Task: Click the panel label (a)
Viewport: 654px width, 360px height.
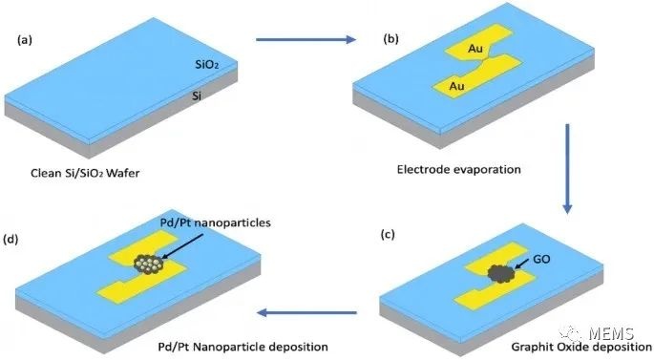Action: (25, 40)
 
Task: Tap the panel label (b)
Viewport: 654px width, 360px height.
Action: (390, 39)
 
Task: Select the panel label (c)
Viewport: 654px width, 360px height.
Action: (388, 235)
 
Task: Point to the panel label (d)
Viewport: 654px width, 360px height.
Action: (11, 240)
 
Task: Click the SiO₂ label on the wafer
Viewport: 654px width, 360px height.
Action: (207, 64)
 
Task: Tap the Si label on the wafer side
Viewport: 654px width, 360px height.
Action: (197, 95)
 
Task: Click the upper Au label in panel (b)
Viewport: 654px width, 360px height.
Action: (475, 49)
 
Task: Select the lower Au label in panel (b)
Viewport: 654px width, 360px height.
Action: (456, 86)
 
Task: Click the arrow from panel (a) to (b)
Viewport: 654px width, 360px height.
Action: (306, 40)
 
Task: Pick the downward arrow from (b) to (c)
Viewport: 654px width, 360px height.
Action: (567, 168)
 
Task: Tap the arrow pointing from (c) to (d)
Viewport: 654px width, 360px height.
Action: (307, 312)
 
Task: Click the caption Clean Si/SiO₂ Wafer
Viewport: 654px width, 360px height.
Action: (85, 173)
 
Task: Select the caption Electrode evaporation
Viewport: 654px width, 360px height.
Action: (459, 170)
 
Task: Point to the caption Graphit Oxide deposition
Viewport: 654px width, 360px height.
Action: (581, 347)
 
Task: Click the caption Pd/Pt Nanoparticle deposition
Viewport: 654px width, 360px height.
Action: (243, 347)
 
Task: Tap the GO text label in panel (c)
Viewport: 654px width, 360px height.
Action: (541, 259)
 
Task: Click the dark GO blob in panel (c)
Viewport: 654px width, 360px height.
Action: (501, 274)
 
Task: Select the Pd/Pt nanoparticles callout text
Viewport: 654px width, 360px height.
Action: (216, 222)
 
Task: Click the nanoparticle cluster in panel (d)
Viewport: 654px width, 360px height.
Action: (149, 264)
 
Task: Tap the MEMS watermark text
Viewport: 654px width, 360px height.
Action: (611, 333)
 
